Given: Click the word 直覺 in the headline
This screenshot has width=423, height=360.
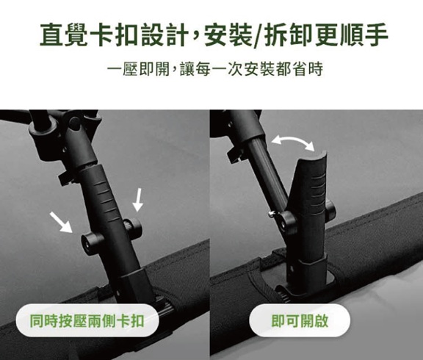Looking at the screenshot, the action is click(x=64, y=35).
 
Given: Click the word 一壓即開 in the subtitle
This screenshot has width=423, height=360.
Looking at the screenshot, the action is click(x=138, y=69).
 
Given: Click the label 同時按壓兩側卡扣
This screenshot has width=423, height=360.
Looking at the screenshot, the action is click(x=87, y=320).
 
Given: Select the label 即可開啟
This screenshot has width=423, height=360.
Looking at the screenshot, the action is click(x=300, y=320).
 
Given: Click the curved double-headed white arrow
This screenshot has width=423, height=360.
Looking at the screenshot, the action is click(x=293, y=139).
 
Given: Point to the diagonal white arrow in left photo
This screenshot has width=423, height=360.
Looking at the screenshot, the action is click(x=61, y=222).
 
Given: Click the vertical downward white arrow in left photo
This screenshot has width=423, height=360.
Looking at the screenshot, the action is click(x=138, y=200).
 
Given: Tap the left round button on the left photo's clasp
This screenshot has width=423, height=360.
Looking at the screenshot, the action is click(x=92, y=241).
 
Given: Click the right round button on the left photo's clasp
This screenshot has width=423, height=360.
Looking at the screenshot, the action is click(x=132, y=226).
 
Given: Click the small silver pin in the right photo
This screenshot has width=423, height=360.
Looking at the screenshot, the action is click(x=272, y=214).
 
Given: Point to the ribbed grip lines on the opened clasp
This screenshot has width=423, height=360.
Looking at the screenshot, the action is click(x=319, y=191).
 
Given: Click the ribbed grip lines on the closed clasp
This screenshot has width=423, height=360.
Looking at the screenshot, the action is click(x=106, y=196).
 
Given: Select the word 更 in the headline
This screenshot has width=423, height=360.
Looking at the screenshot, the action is click(x=326, y=35).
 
